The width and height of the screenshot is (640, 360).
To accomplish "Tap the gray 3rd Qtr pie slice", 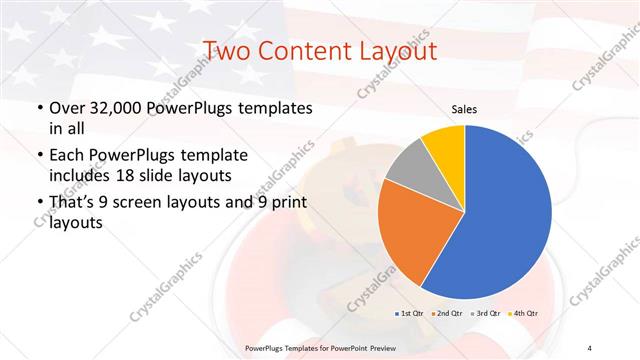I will pos(407,167).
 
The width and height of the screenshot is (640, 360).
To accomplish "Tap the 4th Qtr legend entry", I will pos(523,313).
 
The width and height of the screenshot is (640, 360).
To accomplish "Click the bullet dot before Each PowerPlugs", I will pos(38,155).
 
